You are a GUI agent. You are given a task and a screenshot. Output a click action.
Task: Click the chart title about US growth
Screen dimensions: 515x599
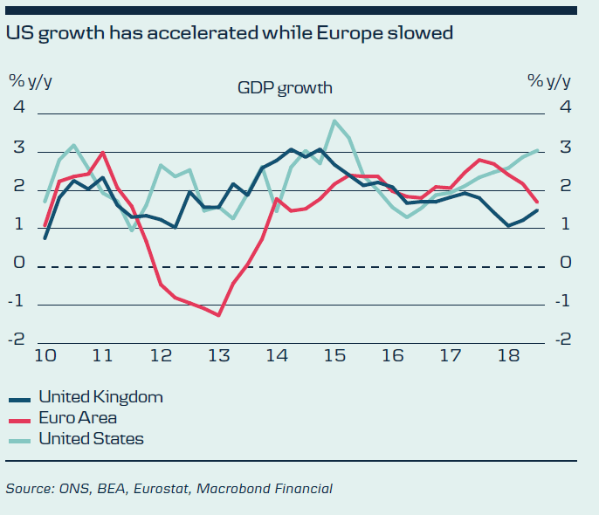[x=230, y=34]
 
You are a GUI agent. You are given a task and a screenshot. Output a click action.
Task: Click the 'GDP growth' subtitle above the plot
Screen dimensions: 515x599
[x=285, y=87]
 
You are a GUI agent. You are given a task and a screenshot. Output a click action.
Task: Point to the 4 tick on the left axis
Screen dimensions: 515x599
[x=18, y=108]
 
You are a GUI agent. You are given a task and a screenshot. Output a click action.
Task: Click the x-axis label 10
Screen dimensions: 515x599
[x=45, y=356]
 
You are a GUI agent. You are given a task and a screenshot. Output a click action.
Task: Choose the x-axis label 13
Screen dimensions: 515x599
[x=218, y=356]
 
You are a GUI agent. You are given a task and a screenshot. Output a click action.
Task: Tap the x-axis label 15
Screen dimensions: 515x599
[x=334, y=356]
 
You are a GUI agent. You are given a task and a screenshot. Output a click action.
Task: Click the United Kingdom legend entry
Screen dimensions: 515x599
[x=100, y=397]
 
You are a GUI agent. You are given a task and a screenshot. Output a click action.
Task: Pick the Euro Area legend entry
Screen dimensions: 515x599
[x=78, y=418]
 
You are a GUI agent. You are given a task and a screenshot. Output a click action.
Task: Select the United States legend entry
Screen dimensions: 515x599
[x=91, y=439]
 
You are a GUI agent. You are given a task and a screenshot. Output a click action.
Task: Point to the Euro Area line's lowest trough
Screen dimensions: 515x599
[x=218, y=315]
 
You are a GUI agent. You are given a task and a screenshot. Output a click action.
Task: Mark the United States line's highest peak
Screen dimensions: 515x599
[x=334, y=120]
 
